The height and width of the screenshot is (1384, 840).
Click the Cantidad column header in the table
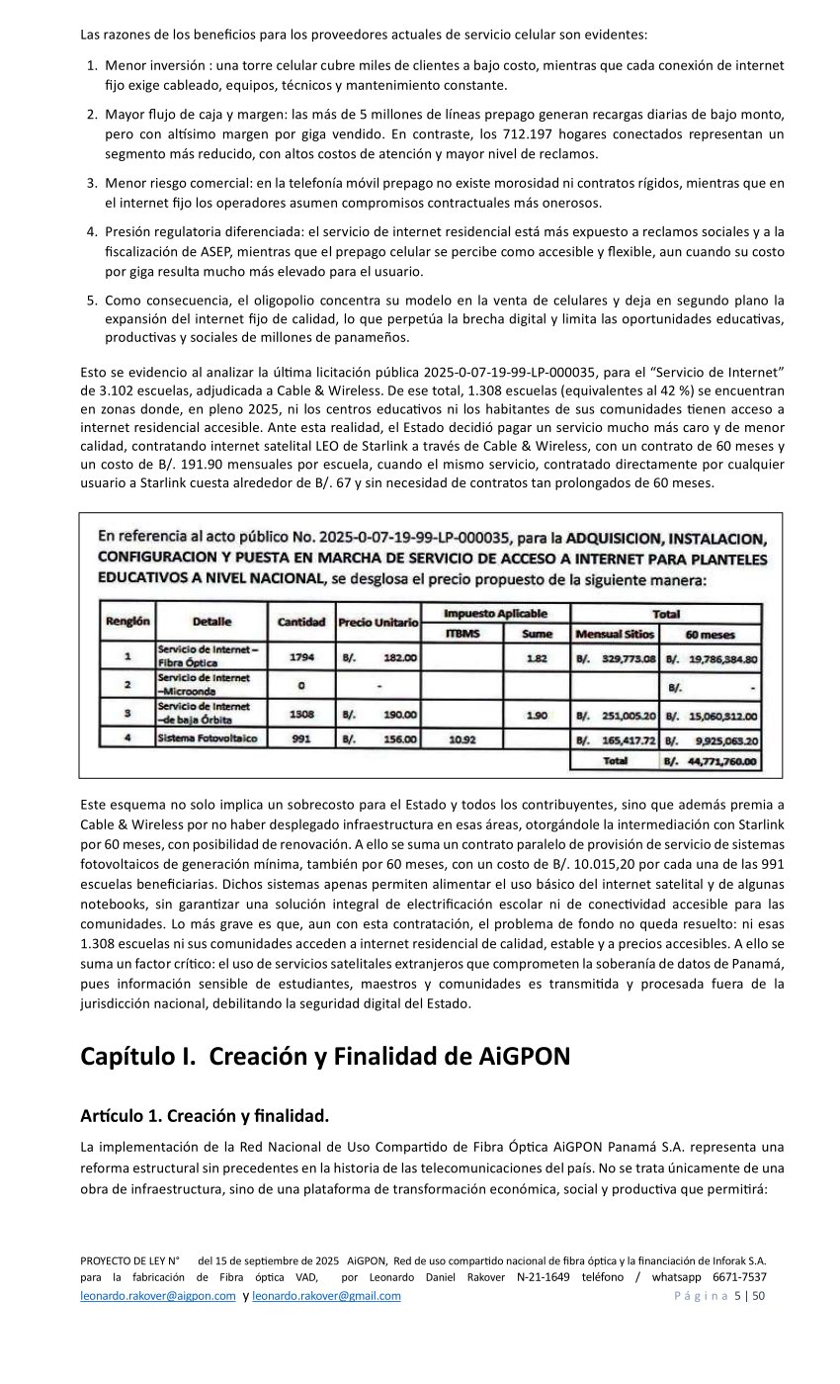coord(301,622)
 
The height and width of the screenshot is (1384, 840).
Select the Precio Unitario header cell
coord(378,622)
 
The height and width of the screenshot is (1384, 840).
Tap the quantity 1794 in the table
coord(301,656)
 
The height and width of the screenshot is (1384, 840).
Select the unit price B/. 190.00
coord(379,713)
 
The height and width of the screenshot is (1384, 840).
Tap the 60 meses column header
coord(710,634)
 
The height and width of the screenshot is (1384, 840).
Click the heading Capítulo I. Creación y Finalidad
coord(325,1057)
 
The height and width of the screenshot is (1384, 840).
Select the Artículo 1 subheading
coord(204,1116)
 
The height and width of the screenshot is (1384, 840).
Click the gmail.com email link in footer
coord(326,1296)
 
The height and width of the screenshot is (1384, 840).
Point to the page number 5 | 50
coord(749,1296)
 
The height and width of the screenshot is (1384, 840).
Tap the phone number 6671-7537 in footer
coord(740,1277)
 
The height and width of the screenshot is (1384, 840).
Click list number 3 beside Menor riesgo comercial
coord(92,183)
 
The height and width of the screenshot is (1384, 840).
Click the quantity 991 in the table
coord(301,737)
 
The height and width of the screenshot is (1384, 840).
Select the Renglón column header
coord(126,622)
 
